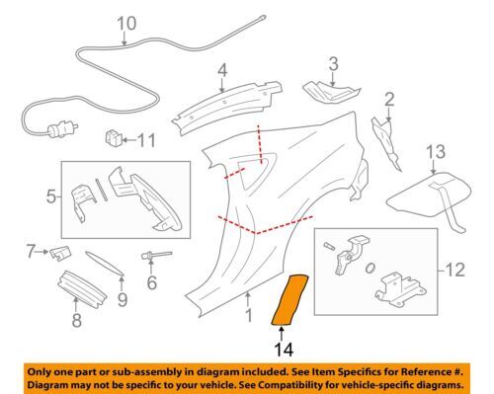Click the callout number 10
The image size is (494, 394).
[x=125, y=24]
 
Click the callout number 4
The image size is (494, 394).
[x=223, y=70]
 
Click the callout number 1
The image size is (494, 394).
[x=250, y=317]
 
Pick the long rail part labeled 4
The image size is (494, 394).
[x=222, y=109]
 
